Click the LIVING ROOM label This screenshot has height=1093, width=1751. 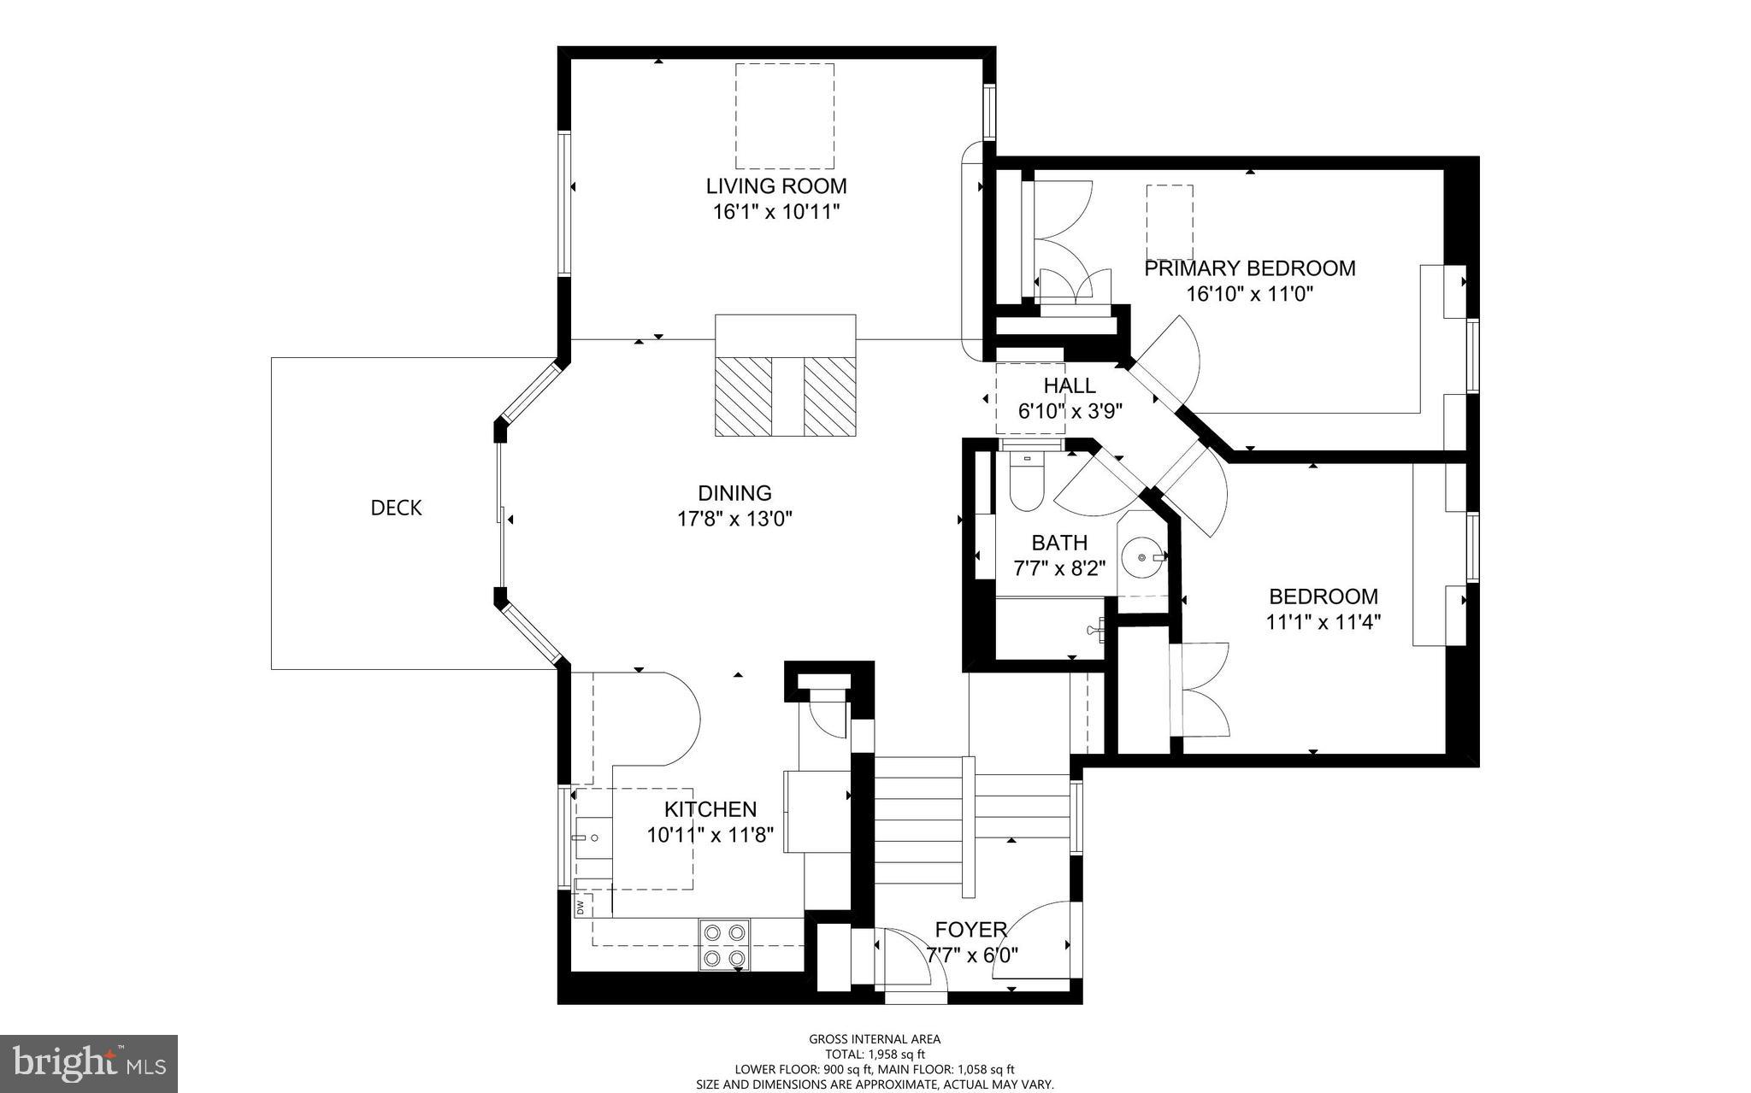776,185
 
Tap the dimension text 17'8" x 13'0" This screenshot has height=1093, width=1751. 735,519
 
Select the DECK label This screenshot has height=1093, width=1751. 396,508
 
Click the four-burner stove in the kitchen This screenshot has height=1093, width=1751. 724,945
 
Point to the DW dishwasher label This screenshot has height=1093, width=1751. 580,906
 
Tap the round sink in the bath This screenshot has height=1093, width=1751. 1143,557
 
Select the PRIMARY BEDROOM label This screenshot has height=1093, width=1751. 1249,268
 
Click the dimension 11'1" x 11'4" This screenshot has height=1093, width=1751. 1323,622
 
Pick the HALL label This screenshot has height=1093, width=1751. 1069,385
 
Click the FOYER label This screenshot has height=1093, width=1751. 970,930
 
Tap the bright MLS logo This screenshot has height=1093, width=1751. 89,1064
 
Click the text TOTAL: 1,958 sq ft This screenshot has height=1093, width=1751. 875,1055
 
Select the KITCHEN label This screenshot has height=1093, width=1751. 710,809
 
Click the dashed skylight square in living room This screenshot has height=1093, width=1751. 785,115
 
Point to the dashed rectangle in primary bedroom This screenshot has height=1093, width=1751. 1170,222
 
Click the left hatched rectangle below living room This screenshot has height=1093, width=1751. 743,396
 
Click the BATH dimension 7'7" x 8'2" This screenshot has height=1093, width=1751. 1059,567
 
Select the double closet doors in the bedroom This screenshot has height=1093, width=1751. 1201,689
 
